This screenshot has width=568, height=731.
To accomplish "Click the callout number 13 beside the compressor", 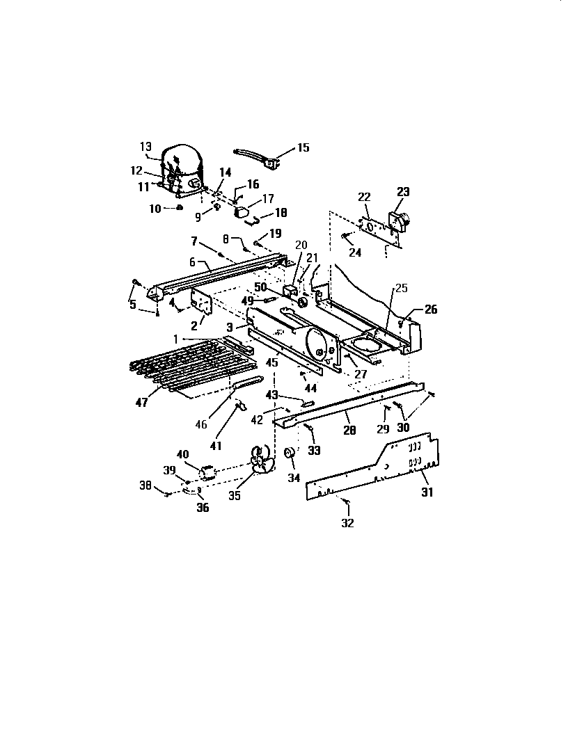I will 145,146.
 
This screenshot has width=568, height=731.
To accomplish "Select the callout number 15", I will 303,147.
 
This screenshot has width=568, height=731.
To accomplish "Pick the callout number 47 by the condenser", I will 141,403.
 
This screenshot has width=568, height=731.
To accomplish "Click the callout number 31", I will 426,492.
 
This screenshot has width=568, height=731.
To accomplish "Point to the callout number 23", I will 404,193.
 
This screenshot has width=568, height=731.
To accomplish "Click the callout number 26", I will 431,310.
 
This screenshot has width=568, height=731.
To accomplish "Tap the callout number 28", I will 349,431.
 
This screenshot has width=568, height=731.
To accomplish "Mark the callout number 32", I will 347,523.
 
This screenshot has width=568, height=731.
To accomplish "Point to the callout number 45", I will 271,362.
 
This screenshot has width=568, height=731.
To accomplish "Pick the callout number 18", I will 281,213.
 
